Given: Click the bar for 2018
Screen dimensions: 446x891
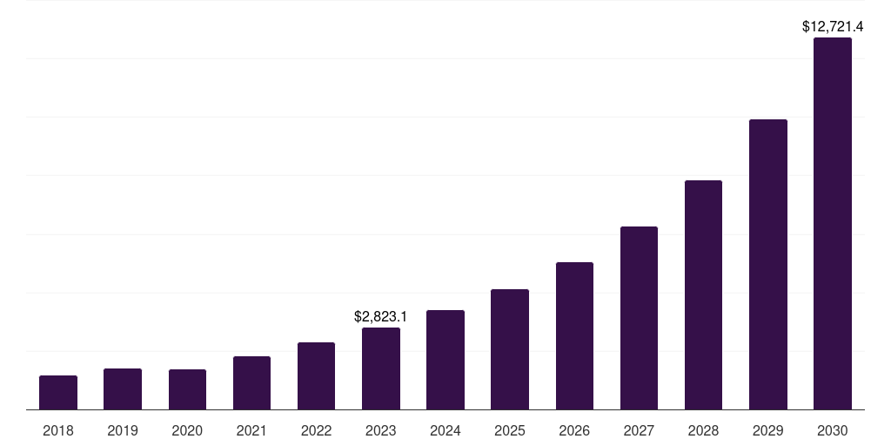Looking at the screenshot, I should [x=58, y=393].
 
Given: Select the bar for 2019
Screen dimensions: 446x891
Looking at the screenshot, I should [x=123, y=389].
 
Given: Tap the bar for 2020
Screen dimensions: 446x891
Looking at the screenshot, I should [x=187, y=389].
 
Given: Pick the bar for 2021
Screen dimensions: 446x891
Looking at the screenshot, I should [x=251, y=383].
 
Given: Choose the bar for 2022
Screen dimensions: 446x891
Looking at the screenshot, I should [x=316, y=376].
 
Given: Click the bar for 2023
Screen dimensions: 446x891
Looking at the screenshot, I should [x=381, y=368].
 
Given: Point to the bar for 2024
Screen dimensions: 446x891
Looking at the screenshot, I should [x=445, y=360].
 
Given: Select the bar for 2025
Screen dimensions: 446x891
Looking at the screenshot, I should [x=510, y=349].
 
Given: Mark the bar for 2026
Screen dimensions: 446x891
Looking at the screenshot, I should [x=574, y=336].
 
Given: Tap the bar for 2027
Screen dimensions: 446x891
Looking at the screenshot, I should [x=639, y=318].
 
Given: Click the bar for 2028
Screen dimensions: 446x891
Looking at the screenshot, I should [x=703, y=295].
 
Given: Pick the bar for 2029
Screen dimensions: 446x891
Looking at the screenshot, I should [x=767, y=265].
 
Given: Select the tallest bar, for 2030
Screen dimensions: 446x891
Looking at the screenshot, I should [x=833, y=224].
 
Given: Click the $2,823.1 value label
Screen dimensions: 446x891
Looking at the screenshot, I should [x=381, y=317].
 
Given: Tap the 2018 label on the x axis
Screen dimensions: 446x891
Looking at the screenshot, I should [x=58, y=430].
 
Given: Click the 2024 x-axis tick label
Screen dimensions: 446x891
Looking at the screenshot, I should [x=445, y=430].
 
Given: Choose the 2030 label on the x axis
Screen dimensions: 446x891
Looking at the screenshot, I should [x=833, y=430].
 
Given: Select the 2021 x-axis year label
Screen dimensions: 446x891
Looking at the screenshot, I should [x=251, y=430].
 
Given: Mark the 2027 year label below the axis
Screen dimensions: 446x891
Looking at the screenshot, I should [x=639, y=430].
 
